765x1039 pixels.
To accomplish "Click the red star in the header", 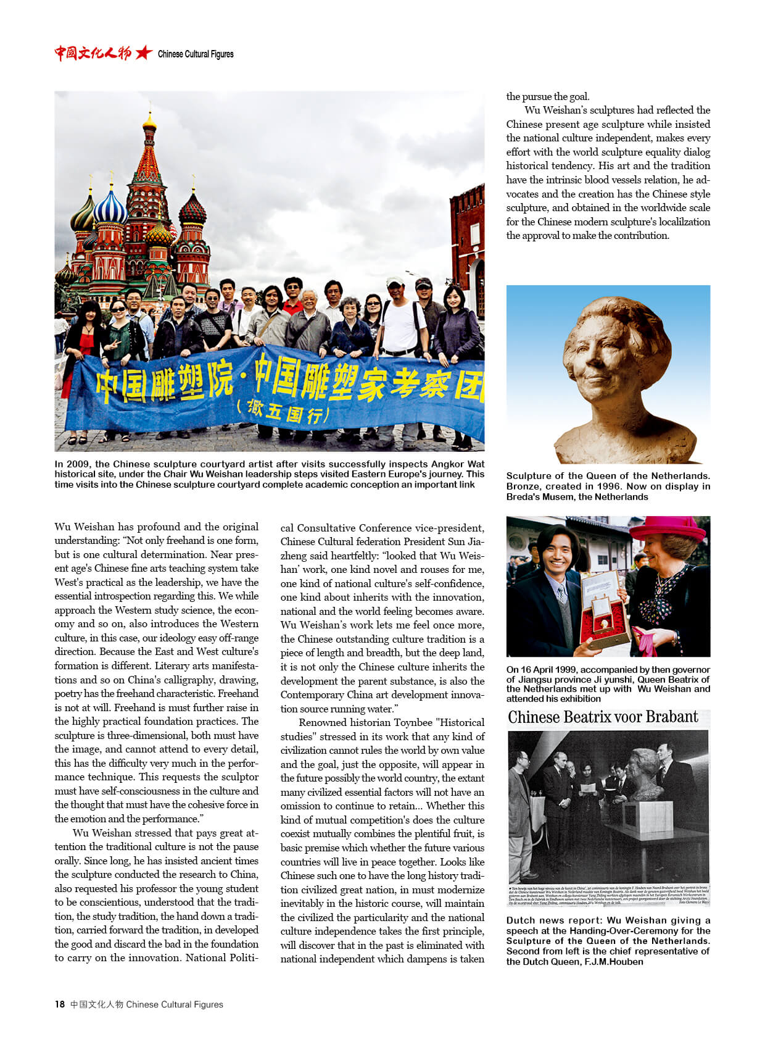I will click(144, 53).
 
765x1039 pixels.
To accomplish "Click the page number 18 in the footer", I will click(59, 1004).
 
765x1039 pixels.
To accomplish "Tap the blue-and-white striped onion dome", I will click(110, 209).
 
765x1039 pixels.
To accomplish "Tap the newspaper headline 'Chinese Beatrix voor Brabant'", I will click(603, 717).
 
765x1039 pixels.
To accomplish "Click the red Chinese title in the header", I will click(93, 53).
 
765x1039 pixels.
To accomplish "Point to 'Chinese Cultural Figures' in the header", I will click(196, 54).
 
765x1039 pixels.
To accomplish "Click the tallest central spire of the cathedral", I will click(149, 154).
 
